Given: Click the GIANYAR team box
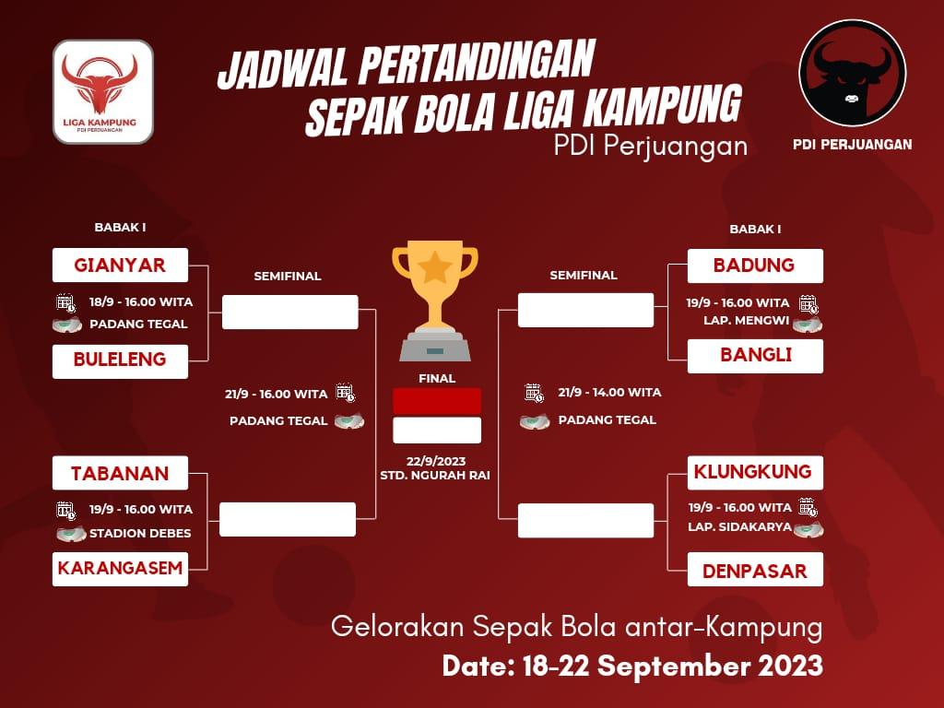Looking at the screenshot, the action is click(x=121, y=265).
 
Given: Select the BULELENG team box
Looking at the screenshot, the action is click(x=121, y=361).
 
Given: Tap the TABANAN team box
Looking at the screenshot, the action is click(x=121, y=473).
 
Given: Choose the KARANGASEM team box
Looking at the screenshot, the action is click(x=121, y=569).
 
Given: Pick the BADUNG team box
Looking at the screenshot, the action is click(x=755, y=265).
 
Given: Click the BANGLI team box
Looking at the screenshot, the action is click(x=755, y=356).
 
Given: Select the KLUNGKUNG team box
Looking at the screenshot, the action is click(x=755, y=473).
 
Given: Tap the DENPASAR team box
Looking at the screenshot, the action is click(x=755, y=570).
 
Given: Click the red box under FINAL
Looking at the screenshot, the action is click(x=437, y=401).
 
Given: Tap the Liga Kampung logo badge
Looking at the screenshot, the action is click(x=103, y=92).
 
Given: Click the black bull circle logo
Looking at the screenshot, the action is click(x=852, y=73).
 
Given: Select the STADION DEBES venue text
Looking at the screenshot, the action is click(x=140, y=533).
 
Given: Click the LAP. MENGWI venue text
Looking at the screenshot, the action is click(x=746, y=320).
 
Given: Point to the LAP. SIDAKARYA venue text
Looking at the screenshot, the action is click(x=740, y=526).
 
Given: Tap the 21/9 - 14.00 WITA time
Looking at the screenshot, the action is click(x=609, y=393).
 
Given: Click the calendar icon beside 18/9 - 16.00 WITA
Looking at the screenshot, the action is click(x=65, y=302).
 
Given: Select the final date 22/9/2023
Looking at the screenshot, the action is click(x=436, y=461).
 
